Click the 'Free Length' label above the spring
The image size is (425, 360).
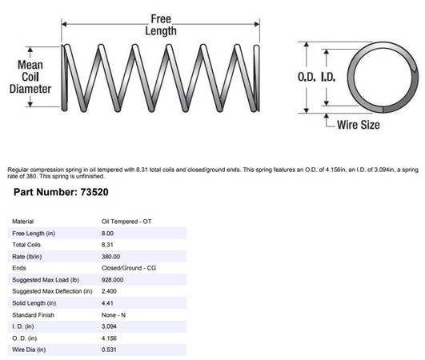click(x=161, y=25)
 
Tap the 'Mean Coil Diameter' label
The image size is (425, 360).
click(x=30, y=77)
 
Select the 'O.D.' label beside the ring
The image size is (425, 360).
click(x=307, y=78)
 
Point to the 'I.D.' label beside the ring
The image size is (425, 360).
click(x=328, y=78)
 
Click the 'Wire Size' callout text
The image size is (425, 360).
click(x=359, y=125)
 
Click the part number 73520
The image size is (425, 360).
click(x=94, y=192)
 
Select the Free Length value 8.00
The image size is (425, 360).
click(x=107, y=234)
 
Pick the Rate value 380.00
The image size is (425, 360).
click(x=110, y=257)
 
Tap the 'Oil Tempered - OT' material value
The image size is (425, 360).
click(x=126, y=222)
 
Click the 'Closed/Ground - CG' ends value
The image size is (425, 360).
click(x=129, y=268)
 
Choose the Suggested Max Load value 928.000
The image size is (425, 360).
click(x=113, y=280)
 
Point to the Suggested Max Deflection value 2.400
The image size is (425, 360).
click(x=109, y=291)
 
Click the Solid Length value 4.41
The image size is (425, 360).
click(x=107, y=303)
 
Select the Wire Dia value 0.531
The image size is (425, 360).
click(x=109, y=350)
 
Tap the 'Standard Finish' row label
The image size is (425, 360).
click(x=33, y=315)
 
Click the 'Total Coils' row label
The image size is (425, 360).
click(x=26, y=245)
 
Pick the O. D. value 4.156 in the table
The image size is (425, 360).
click(x=109, y=338)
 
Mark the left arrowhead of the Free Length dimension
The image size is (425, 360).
click(x=64, y=24)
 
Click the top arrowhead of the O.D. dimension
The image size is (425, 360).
click(x=307, y=45)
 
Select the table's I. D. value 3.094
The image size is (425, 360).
click(x=109, y=326)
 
